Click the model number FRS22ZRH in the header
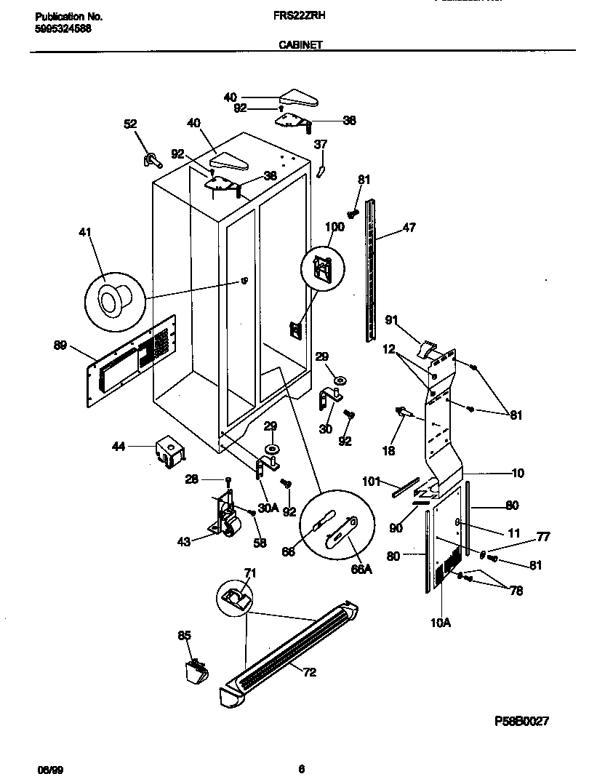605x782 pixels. point(300,15)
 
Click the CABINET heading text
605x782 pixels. point(300,44)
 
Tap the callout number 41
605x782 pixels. point(85,233)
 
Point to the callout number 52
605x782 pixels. point(130,124)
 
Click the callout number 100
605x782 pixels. point(334,228)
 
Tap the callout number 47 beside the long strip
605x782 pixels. point(409,228)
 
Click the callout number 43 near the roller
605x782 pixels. point(185,540)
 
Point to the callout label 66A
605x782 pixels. point(361,570)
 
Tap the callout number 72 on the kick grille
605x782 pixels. point(309,672)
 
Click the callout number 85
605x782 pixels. point(185,636)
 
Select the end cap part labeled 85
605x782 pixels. point(194,670)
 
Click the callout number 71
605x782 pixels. point(249,574)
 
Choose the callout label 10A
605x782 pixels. point(441,623)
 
